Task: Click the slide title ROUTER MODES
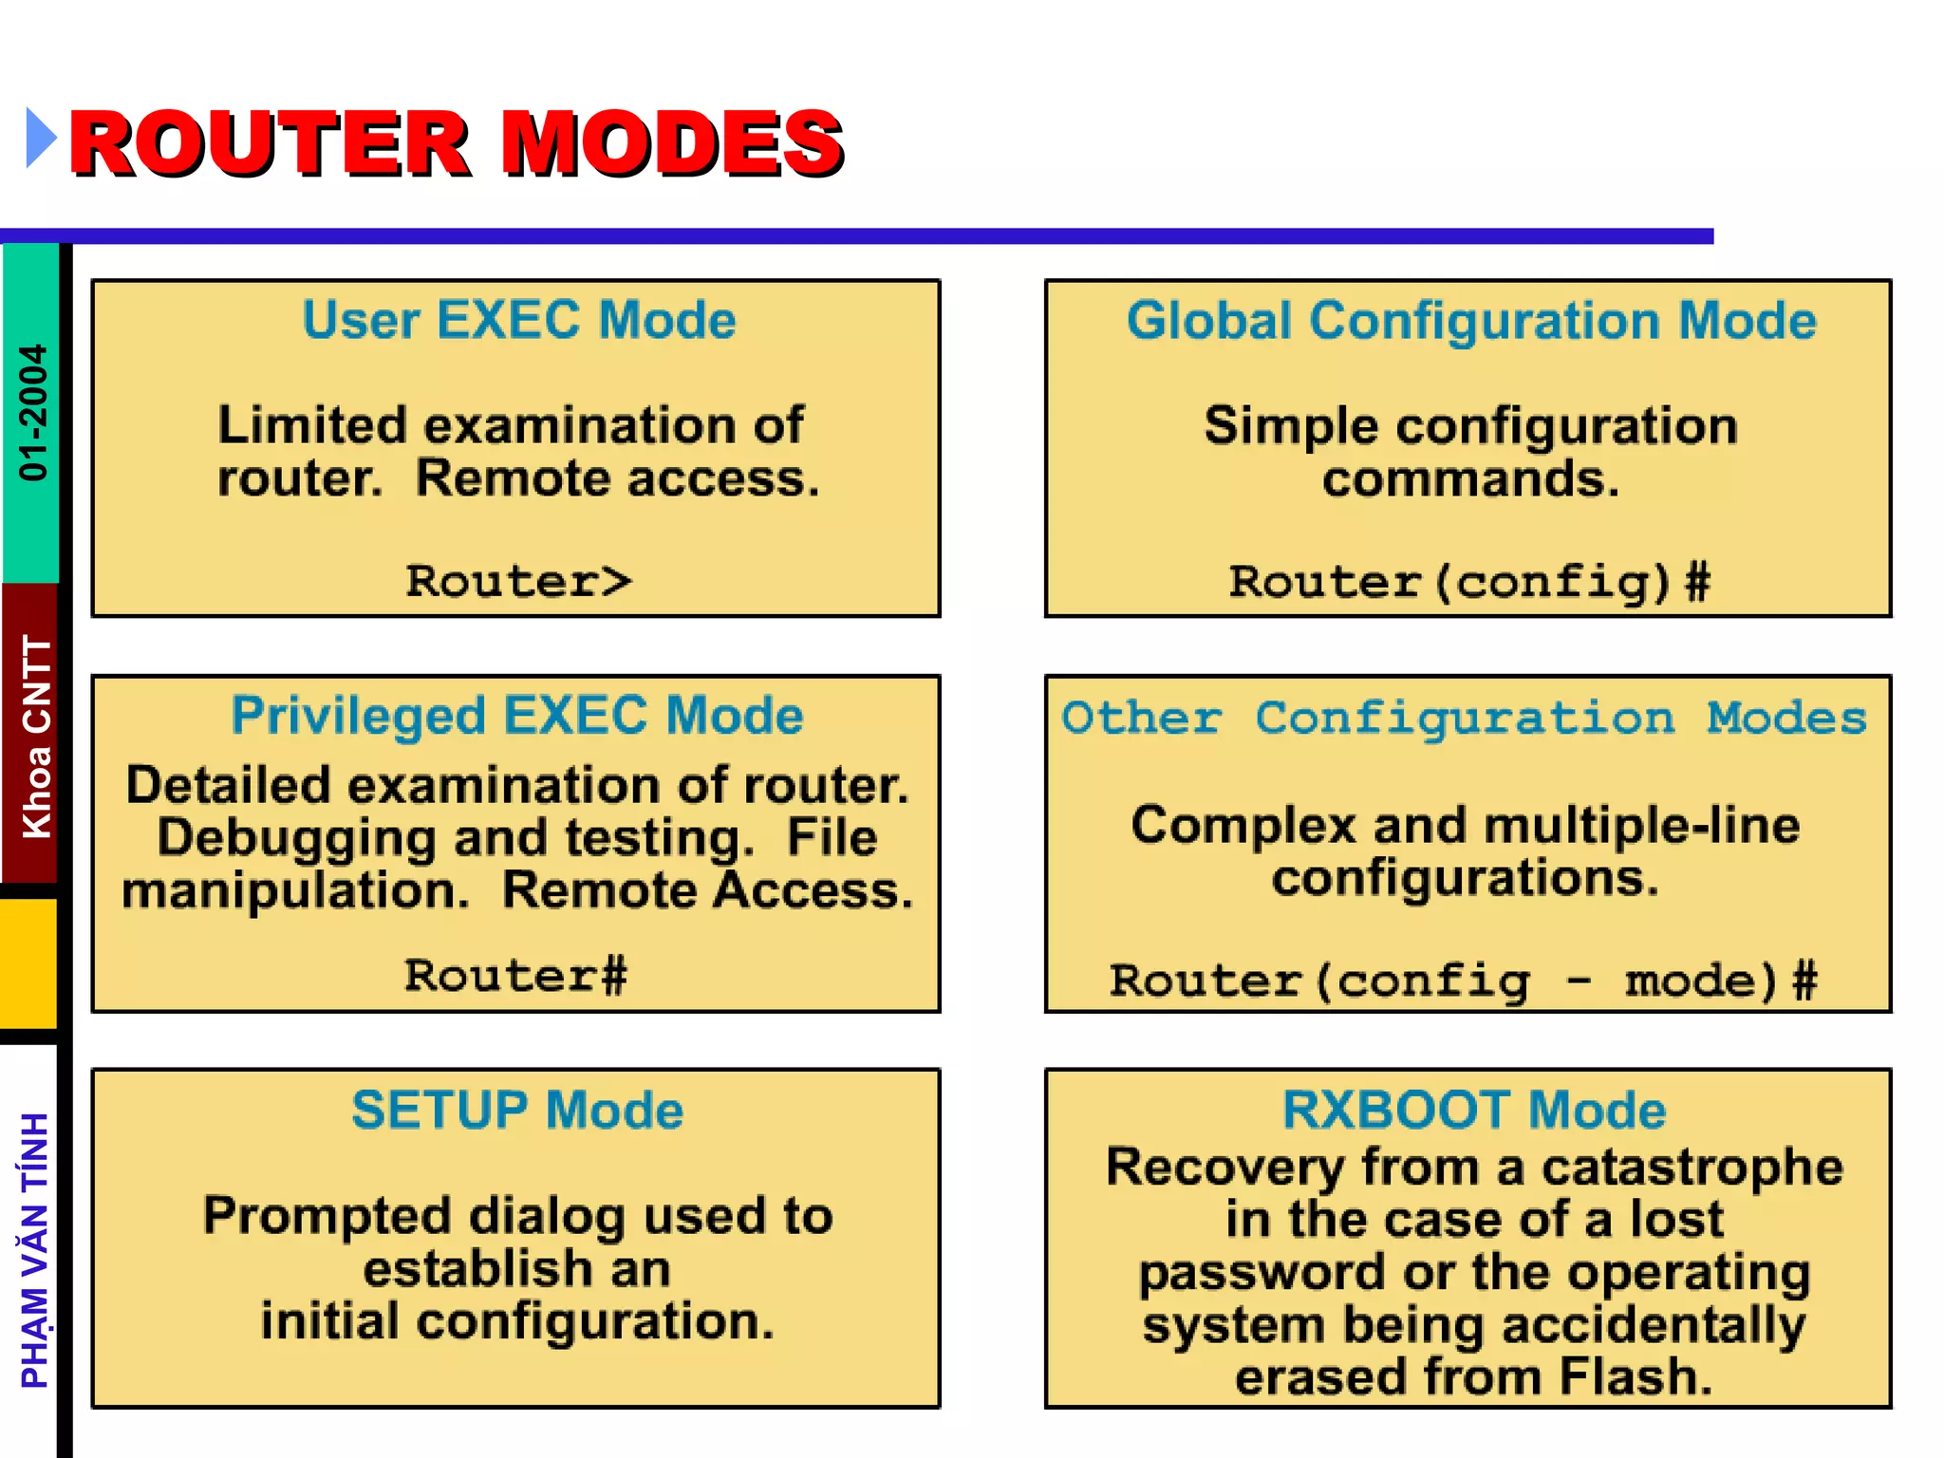[457, 143]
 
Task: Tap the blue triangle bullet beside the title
[40, 139]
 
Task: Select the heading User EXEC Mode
[518, 320]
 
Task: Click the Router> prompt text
[518, 581]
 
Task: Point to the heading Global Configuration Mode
[1471, 321]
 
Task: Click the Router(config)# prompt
[1469, 582]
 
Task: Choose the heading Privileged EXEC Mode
[517, 716]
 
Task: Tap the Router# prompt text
[515, 976]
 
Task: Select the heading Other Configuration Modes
[1465, 719]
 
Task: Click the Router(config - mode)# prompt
[1463, 981]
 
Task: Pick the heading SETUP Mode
[517, 1111]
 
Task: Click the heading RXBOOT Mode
[1474, 1111]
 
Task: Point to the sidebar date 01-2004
[33, 412]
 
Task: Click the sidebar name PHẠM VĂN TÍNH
[35, 1250]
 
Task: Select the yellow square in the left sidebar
[28, 963]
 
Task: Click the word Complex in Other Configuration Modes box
[1243, 825]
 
